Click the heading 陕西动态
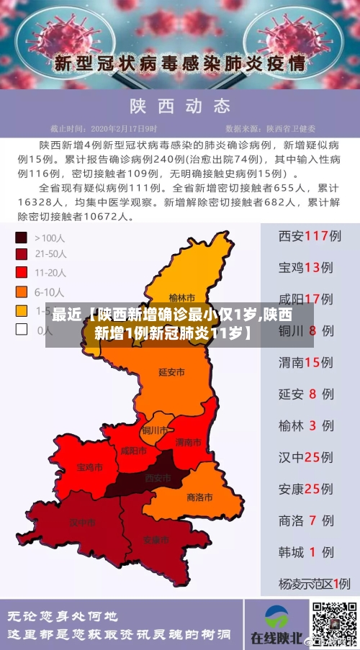click(x=179, y=107)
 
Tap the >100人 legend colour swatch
click(x=22, y=237)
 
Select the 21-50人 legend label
click(x=51, y=254)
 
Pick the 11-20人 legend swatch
click(x=22, y=272)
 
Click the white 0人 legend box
click(x=22, y=330)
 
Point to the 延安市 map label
click(x=171, y=372)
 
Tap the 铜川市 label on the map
click(x=155, y=430)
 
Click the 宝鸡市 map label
click(x=89, y=467)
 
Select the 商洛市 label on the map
click(x=199, y=497)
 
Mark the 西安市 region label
click(x=158, y=478)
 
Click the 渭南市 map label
click(x=189, y=441)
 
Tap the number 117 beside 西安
click(x=317, y=236)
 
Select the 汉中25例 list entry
click(x=305, y=457)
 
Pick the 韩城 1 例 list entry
click(x=305, y=552)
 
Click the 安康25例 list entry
click(x=305, y=489)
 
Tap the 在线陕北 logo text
click(x=276, y=638)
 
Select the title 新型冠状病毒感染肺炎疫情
click(x=179, y=62)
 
